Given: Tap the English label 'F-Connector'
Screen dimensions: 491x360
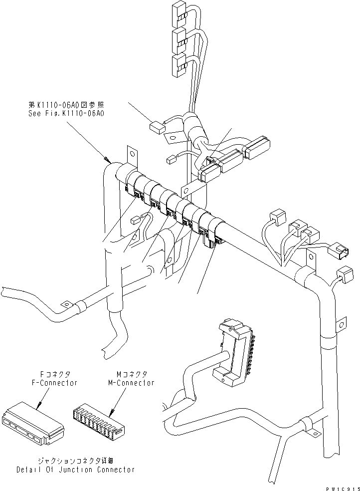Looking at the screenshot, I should pyautogui.click(x=58, y=383).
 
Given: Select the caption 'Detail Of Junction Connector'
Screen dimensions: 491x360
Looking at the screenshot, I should pyautogui.click(x=75, y=470).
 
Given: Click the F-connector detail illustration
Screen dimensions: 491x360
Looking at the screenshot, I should pyautogui.click(x=33, y=424).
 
